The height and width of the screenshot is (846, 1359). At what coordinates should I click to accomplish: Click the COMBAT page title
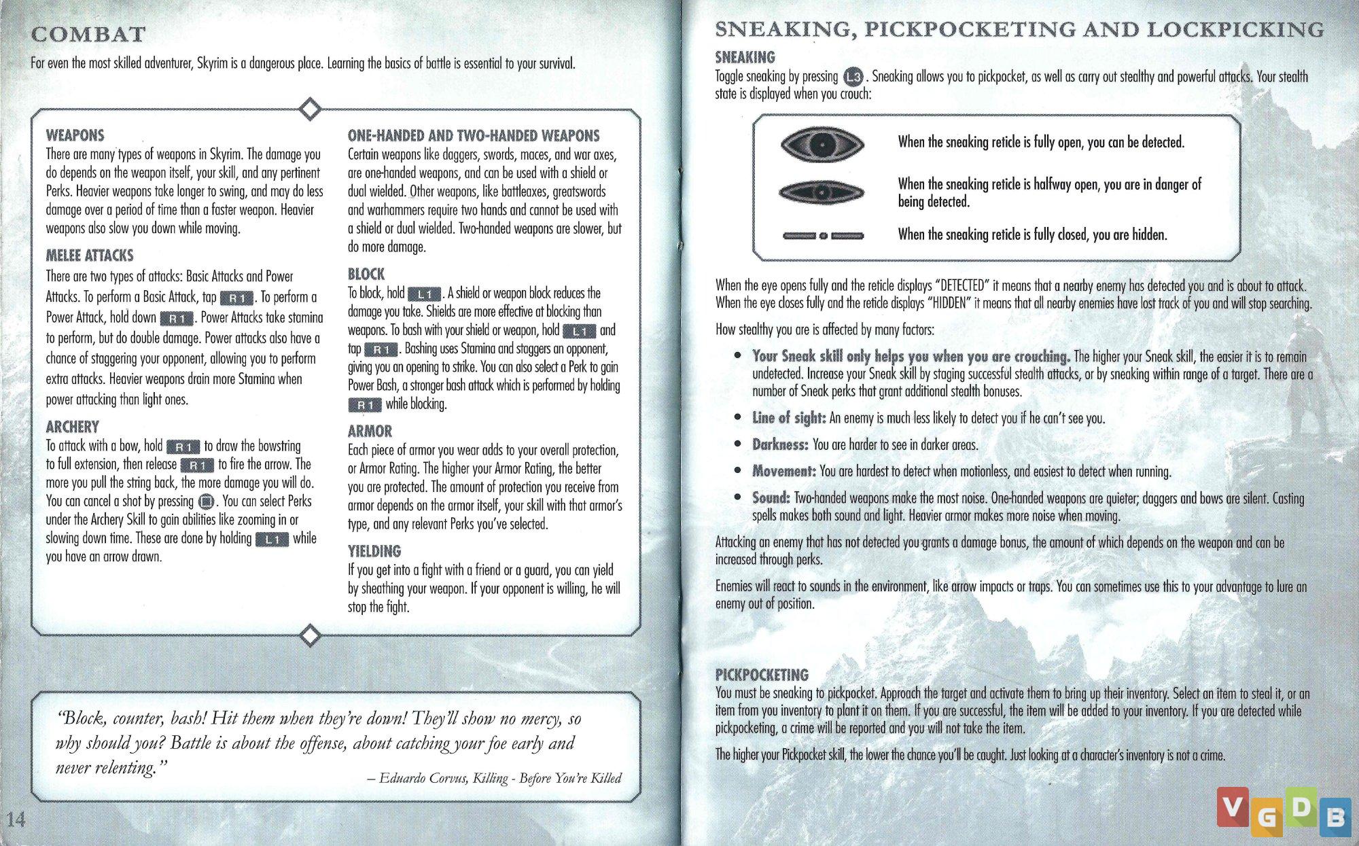click(x=88, y=34)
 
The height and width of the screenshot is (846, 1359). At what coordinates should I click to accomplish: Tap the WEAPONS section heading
click(x=75, y=135)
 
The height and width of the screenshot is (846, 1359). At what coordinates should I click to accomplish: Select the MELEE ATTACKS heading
click(x=90, y=255)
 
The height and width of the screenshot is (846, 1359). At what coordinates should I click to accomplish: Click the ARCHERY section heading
click(x=72, y=427)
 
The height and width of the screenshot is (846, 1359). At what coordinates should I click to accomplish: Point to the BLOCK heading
click(x=366, y=274)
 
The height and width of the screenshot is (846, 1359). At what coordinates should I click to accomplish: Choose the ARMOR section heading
click(x=370, y=431)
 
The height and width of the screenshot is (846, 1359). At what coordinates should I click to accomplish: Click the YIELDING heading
click(x=374, y=551)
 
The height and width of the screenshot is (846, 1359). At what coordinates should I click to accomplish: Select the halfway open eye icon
click(x=822, y=193)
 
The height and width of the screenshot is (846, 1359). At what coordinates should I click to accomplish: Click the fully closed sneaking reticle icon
click(x=822, y=236)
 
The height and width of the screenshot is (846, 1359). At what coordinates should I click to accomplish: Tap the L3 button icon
click(x=852, y=77)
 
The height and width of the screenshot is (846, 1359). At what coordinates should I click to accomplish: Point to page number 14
click(x=16, y=819)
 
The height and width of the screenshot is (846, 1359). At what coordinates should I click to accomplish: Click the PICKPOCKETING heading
click(x=762, y=675)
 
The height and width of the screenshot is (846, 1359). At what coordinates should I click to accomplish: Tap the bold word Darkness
click(x=780, y=445)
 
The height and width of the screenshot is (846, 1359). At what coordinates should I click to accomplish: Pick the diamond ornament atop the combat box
click(x=310, y=109)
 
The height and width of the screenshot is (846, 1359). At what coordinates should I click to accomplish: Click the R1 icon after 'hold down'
click(x=177, y=318)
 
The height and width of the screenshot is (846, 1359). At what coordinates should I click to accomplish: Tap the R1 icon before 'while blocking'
click(x=365, y=405)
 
